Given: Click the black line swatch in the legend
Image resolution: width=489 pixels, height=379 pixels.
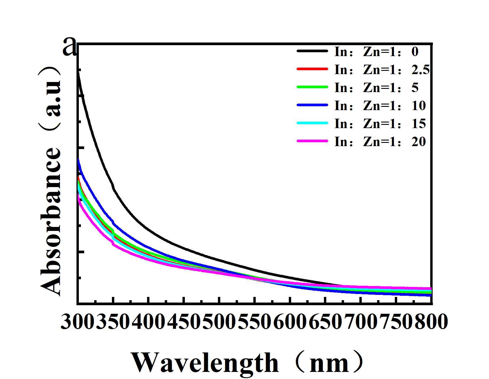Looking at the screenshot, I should (312, 51).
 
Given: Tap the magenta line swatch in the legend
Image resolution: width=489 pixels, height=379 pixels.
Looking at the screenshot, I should (312, 141).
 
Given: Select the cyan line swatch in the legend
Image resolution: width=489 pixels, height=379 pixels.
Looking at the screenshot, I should (312, 123).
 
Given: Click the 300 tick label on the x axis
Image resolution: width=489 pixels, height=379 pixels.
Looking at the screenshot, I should (78, 322).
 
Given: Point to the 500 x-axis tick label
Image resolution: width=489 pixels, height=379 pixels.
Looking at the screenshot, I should (219, 322).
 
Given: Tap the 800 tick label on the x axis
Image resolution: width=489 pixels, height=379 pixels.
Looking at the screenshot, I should (431, 322).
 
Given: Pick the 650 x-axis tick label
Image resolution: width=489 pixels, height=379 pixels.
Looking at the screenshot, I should (325, 322).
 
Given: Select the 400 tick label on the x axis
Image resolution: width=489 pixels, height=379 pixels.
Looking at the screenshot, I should (149, 322).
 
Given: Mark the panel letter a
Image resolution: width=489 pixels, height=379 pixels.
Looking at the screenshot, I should (70, 47).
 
